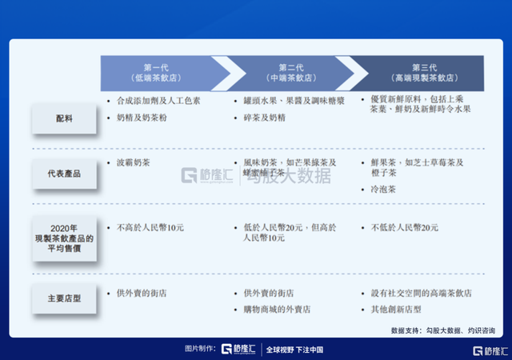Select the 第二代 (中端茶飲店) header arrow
[x=290, y=73]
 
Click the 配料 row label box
[x=64, y=118]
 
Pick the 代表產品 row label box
[x=64, y=173]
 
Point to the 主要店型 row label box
[x=64, y=298]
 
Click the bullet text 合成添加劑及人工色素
[x=156, y=102]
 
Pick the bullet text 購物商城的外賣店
[x=277, y=309]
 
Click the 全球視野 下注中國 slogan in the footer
[x=294, y=350]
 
